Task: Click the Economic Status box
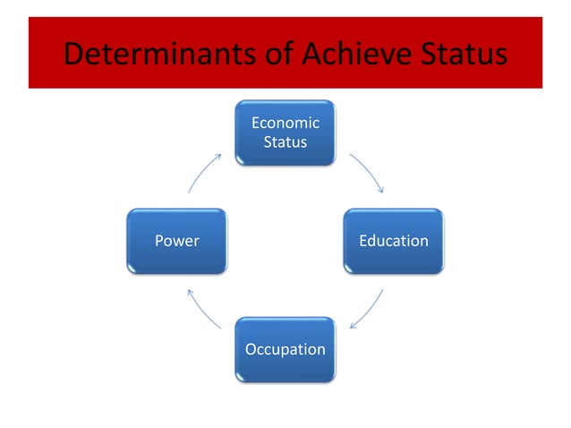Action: pyautogui.click(x=285, y=133)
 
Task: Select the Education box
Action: pyautogui.click(x=393, y=241)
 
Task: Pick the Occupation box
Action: pyautogui.click(x=285, y=349)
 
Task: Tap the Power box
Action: pyautogui.click(x=177, y=241)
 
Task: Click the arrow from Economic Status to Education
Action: pyautogui.click(x=368, y=172)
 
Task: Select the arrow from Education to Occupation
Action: pyautogui.click(x=368, y=309)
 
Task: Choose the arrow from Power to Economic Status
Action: pyautogui.click(x=204, y=171)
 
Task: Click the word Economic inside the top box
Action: pyautogui.click(x=285, y=124)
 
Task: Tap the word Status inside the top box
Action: pyautogui.click(x=285, y=142)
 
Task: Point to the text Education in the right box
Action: pyautogui.click(x=393, y=241)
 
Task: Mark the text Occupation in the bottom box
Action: pyautogui.click(x=285, y=349)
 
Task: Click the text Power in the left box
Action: pyautogui.click(x=177, y=241)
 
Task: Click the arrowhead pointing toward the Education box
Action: pyautogui.click(x=382, y=190)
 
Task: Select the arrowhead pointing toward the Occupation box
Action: pyautogui.click(x=352, y=326)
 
